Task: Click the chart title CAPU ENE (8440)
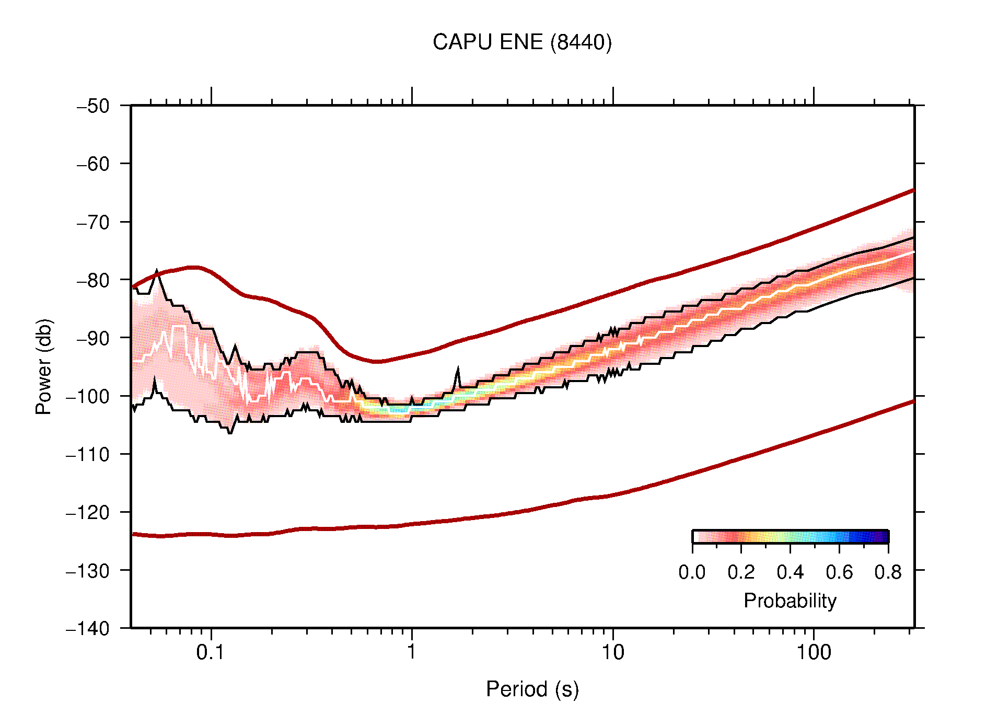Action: coord(522,42)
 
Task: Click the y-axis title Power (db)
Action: coord(44,366)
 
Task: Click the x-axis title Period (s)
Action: coord(532,689)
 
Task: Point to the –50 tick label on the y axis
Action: coord(93,106)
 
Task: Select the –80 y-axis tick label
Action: coord(93,280)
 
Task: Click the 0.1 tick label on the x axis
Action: coord(211,652)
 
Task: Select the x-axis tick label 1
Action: coord(412,652)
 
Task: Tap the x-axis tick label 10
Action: coord(612,652)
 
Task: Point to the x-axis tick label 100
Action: coord(814,652)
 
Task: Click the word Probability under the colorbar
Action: coord(790,601)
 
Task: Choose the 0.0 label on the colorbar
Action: coord(692,572)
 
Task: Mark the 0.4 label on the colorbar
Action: coord(790,572)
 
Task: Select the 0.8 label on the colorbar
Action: coord(888,572)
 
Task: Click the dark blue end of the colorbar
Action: coord(883,537)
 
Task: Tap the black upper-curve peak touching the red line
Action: coord(157,272)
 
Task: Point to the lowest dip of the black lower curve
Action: coord(230,433)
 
